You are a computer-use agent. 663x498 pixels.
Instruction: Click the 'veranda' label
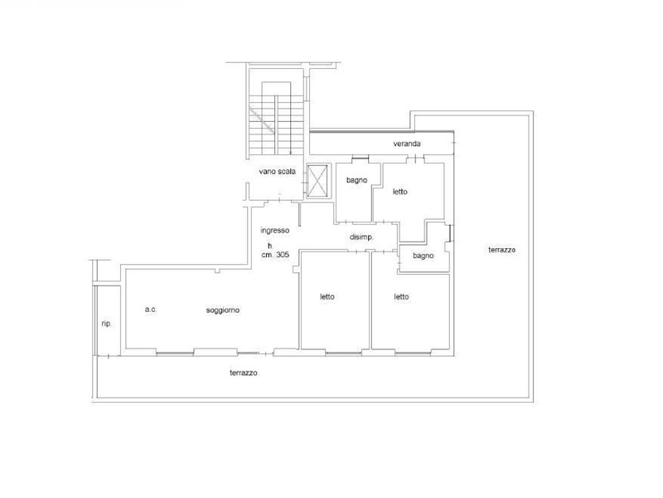(407, 144)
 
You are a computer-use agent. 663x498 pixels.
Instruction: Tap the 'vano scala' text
(278, 172)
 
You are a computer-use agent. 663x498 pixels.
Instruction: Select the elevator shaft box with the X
(317, 181)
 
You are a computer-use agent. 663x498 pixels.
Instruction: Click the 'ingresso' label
(275, 231)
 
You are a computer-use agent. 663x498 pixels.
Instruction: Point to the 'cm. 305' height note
(275, 255)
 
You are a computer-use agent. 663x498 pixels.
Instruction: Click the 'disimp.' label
(361, 237)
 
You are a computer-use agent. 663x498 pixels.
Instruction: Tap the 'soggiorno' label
(223, 310)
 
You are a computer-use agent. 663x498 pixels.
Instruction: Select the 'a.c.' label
(151, 310)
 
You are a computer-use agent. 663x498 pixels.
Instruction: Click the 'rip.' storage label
(107, 324)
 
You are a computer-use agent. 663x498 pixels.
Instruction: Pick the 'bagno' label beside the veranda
(357, 180)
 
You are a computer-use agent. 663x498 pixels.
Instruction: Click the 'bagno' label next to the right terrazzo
(423, 256)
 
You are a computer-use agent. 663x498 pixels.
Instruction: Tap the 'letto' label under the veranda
(400, 192)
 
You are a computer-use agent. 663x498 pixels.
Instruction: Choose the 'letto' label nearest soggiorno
(327, 297)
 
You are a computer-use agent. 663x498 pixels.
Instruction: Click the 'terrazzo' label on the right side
(502, 250)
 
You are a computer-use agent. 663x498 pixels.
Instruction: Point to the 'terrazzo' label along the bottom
(244, 373)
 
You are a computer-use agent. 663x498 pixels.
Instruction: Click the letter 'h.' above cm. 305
(271, 246)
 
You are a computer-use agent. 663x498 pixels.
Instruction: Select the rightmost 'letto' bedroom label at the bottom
(401, 297)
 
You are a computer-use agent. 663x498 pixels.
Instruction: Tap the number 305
(283, 255)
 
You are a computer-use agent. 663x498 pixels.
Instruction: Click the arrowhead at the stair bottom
(291, 153)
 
